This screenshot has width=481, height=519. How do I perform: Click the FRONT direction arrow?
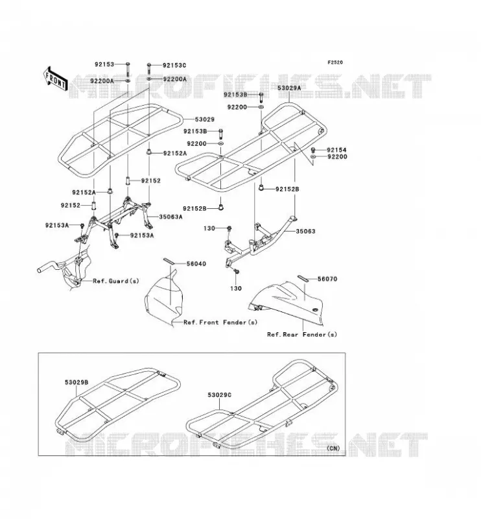coord(56,79)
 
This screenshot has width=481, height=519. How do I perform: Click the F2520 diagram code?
coord(335,62)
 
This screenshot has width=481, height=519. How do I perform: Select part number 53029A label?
coord(289,88)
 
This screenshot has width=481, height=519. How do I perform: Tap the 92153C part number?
coord(174,66)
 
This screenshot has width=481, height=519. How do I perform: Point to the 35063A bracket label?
coord(170,217)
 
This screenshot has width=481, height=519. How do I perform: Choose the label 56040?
coord(196,263)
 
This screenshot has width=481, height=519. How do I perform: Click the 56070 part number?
coord(327,279)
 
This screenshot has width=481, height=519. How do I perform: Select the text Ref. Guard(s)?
coord(116,281)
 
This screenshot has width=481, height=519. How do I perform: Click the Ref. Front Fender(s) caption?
coord(220,322)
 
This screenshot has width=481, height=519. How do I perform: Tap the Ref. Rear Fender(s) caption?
coord(301,334)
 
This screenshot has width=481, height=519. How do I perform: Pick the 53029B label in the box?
coord(76,382)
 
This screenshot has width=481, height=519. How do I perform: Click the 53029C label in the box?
coord(220,395)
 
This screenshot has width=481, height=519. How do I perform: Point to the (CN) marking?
coord(333,448)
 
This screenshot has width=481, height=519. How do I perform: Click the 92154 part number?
coord(337,150)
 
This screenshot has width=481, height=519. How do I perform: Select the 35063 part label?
coord(305,231)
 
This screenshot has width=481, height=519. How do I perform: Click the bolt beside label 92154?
coord(313,151)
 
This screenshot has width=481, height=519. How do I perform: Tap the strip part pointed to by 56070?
coord(303,278)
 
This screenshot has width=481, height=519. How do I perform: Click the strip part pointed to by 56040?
coord(169,261)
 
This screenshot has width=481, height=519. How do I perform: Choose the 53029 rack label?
coord(204,119)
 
